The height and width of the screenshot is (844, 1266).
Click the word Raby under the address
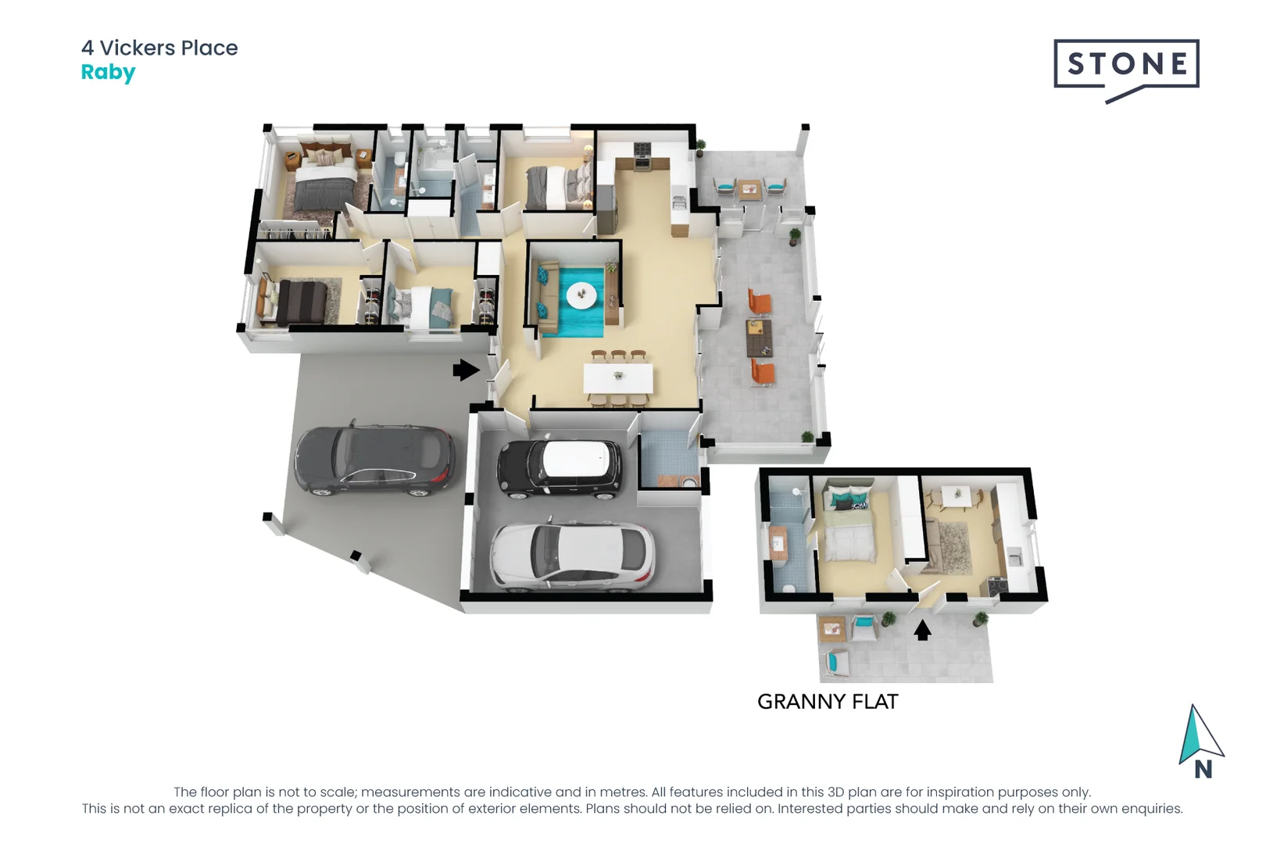point(108,72)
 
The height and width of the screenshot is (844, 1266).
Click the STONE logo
point(1126,64)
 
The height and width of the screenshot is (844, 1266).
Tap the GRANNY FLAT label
point(828,702)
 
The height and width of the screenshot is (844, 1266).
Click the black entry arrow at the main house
point(466,370)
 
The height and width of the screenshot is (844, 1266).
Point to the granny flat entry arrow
point(922,630)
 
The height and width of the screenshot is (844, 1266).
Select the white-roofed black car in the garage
point(560,468)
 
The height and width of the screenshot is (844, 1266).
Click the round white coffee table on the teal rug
point(581,295)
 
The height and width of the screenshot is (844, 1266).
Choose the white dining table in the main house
point(618,378)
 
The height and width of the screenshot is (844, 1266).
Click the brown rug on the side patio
point(759,338)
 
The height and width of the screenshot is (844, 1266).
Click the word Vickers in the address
point(138,48)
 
